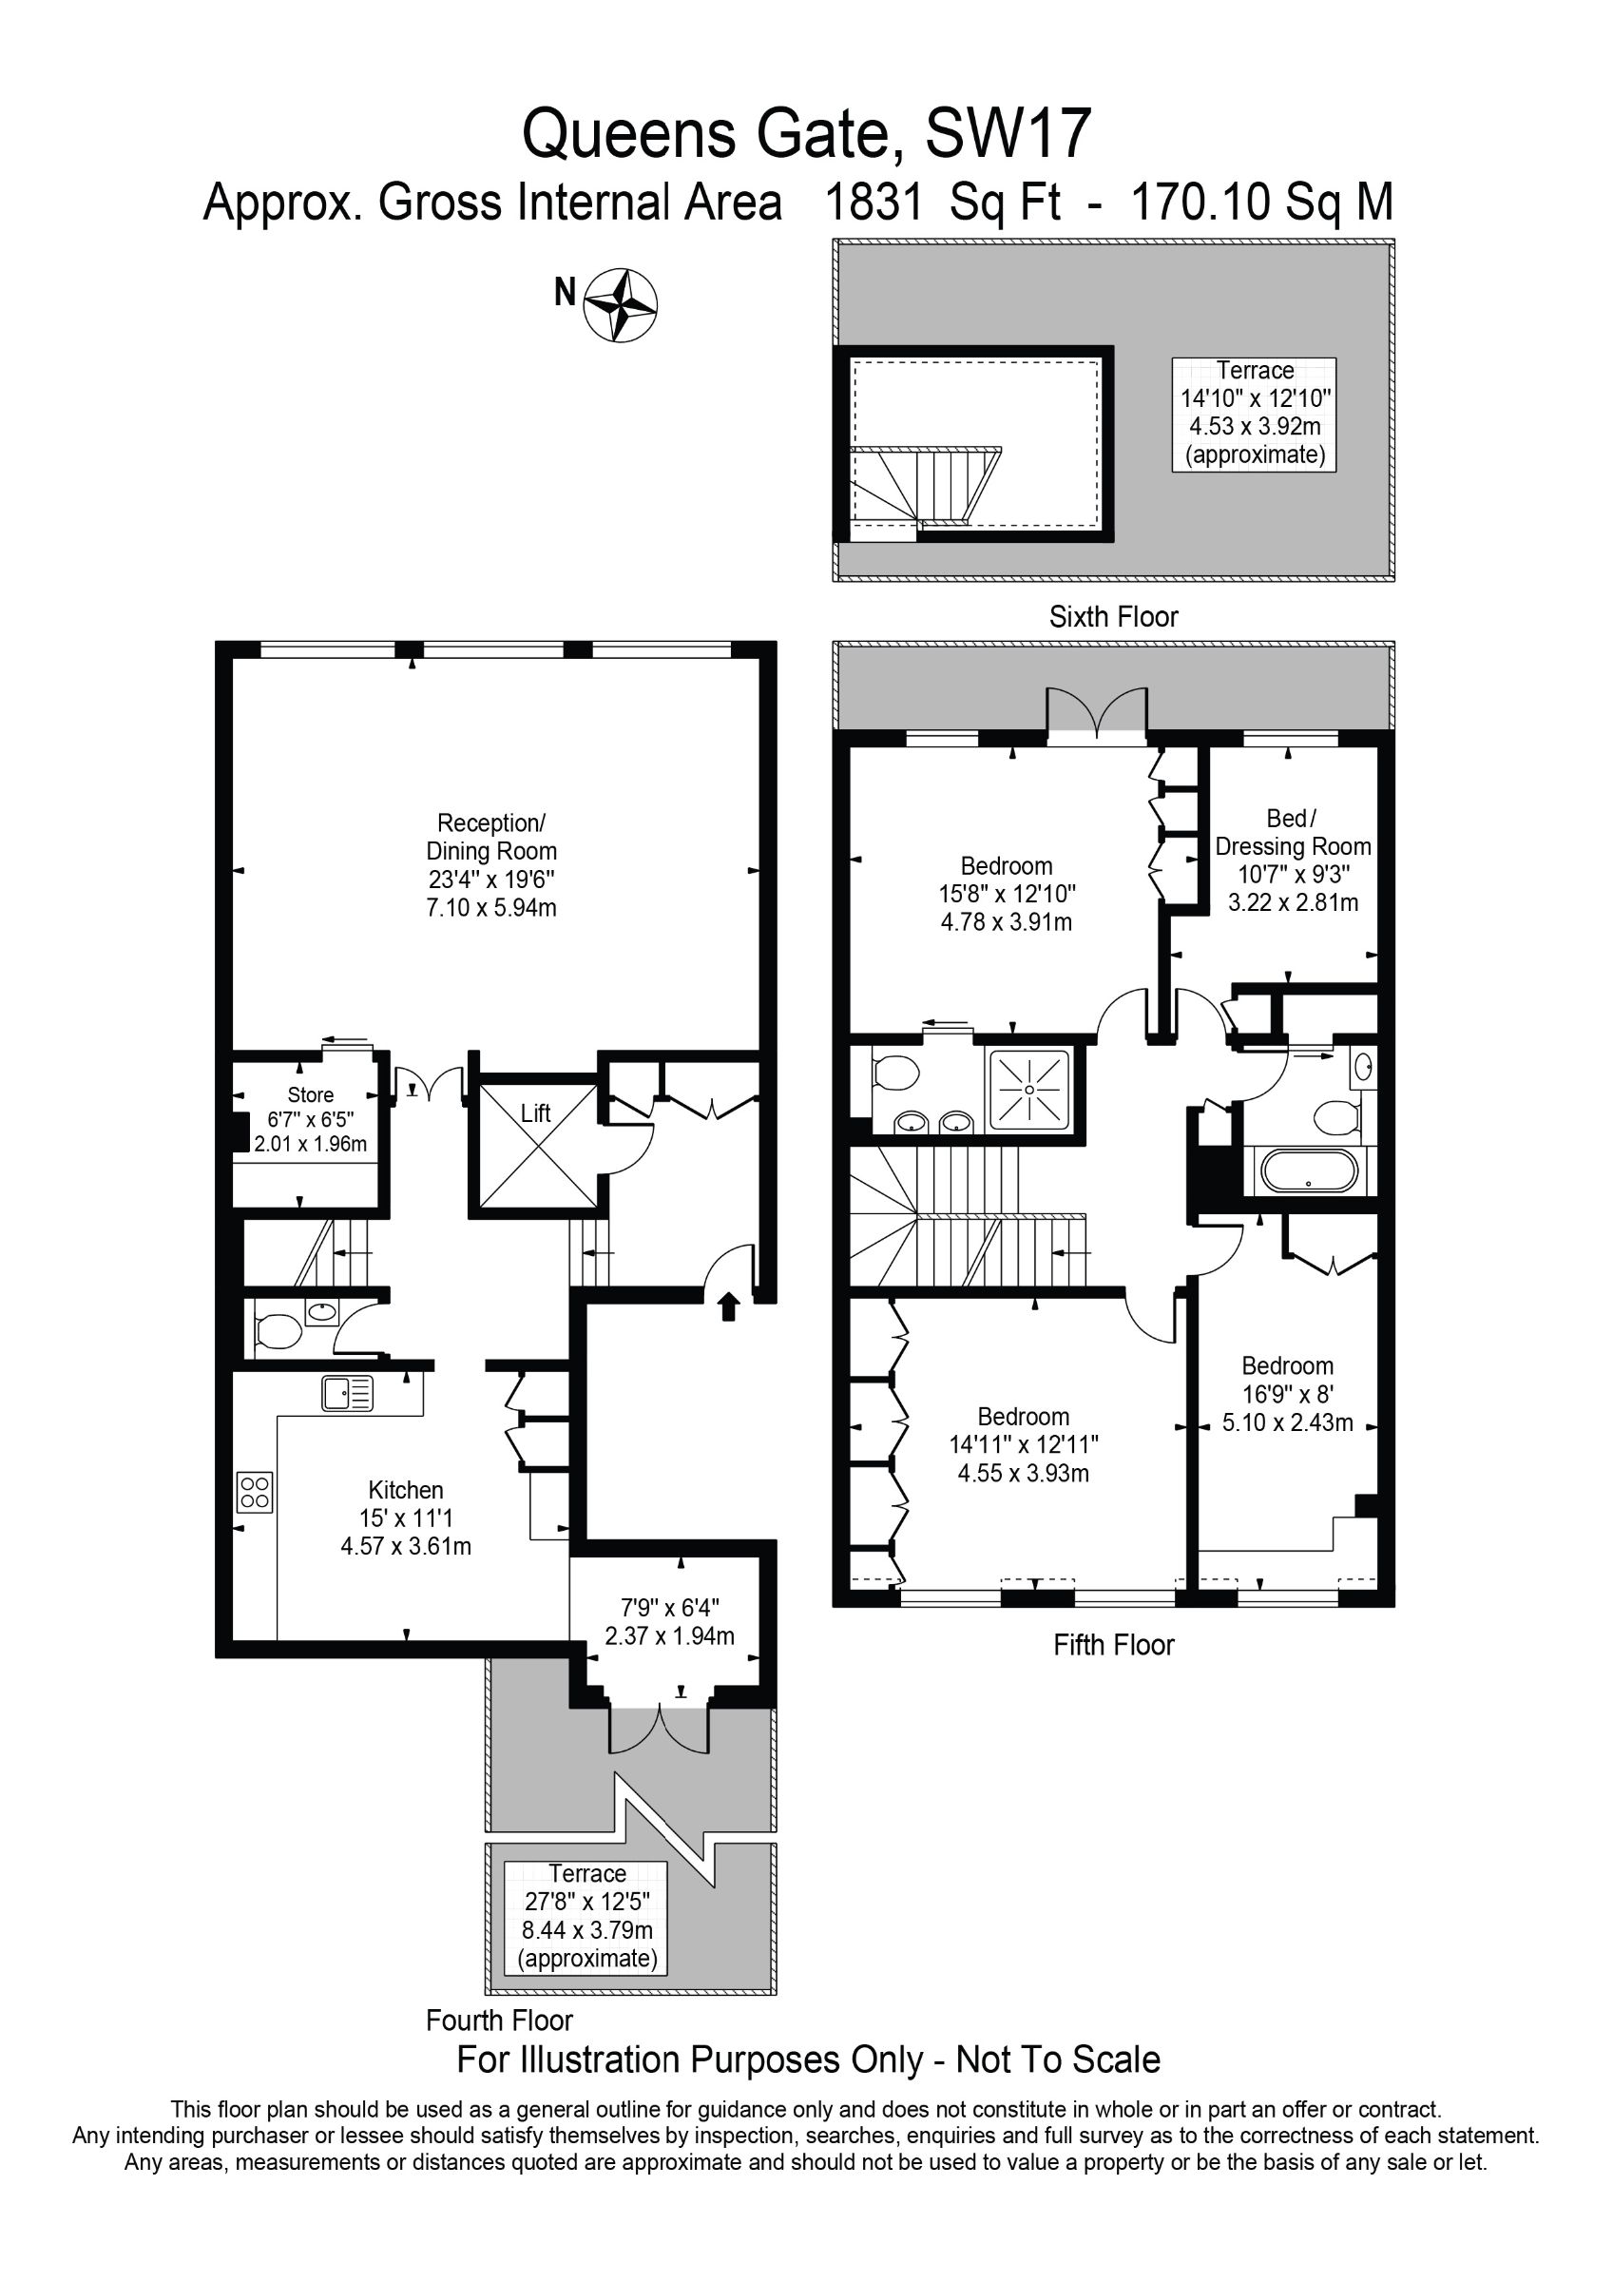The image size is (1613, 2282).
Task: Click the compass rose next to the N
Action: (620, 305)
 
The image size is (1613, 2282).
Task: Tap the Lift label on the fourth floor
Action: (536, 1113)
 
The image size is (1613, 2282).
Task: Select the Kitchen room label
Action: (406, 1518)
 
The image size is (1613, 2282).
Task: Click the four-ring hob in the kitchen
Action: (255, 1492)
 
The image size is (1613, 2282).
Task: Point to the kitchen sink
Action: (348, 1394)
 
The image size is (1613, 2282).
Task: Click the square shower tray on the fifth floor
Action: (1028, 1090)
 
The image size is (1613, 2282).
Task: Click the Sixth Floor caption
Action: (1113, 617)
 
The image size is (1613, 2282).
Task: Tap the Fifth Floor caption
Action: (1113, 1646)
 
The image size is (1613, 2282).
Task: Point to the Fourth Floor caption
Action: (499, 2021)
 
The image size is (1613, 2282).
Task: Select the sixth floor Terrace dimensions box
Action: (1255, 414)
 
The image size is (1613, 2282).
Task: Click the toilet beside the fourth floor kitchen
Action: (278, 1331)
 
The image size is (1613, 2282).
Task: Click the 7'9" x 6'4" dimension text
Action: (669, 1607)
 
